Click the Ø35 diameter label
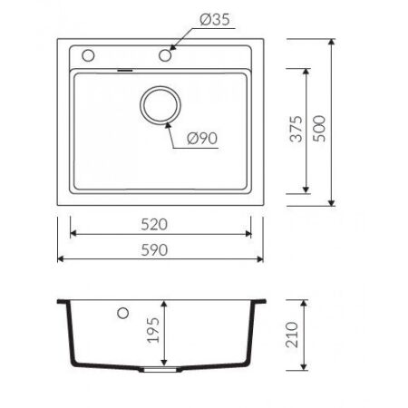[215, 20]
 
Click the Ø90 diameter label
[202, 139]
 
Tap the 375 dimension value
[296, 129]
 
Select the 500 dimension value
[319, 129]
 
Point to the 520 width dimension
[154, 225]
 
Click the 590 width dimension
[154, 250]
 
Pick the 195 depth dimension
[153, 330]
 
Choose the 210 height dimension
[292, 335]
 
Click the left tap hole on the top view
[88, 55]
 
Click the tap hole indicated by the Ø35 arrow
[165, 55]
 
